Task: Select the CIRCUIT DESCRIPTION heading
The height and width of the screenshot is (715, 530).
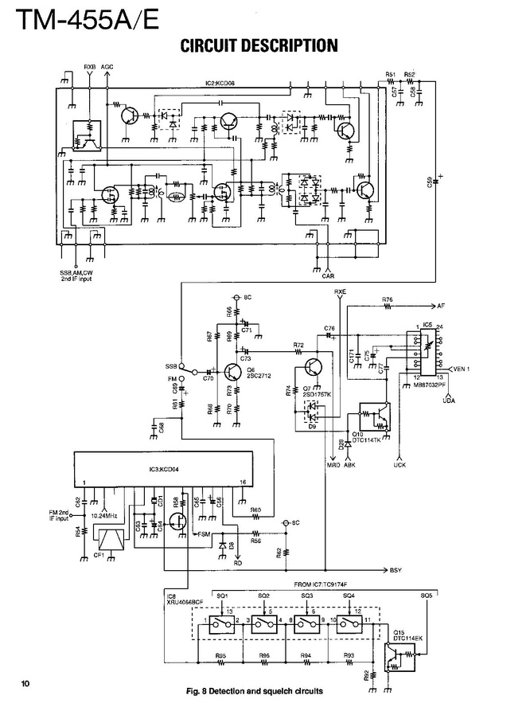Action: [x=259, y=46]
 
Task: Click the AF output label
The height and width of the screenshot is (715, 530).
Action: [x=440, y=306]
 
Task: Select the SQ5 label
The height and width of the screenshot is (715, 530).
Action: [x=427, y=595]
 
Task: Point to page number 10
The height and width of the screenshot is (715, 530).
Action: [x=25, y=683]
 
